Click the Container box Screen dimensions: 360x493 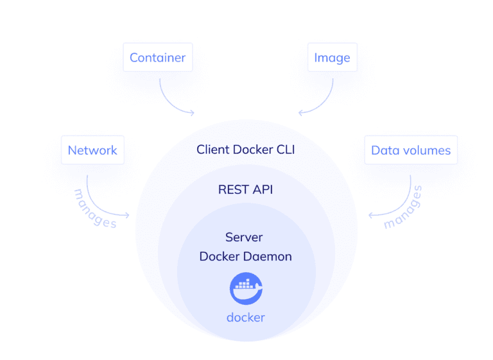tap(157, 58)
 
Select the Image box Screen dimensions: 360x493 tap(332, 58)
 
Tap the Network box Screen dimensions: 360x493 tap(92, 150)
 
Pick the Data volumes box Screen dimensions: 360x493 tap(411, 151)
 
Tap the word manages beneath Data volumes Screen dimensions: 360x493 tap(404, 207)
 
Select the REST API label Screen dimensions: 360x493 tap(246, 189)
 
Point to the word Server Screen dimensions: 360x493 tap(244, 237)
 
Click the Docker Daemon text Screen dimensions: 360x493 tap(246, 256)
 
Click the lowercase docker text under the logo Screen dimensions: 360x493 tap(246, 317)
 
